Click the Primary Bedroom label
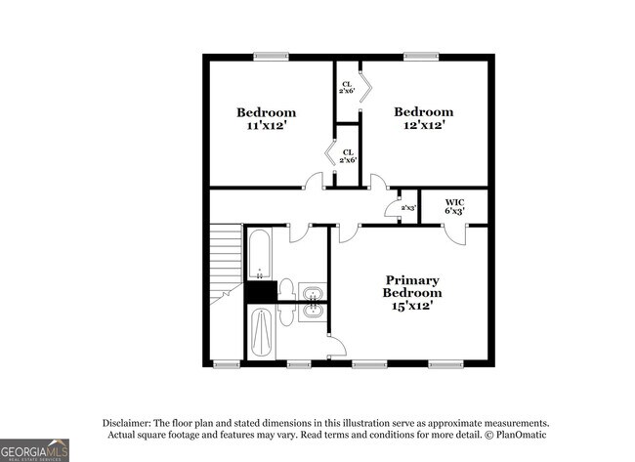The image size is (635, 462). pos(411,286)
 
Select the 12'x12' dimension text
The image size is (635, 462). pos(424,125)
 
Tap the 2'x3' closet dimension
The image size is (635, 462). pos(408,207)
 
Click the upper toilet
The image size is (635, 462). pos(287,290)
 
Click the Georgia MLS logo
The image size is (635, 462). pos(35,449)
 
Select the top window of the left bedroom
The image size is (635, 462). pos(271,56)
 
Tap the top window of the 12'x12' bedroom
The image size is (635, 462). pos(420,56)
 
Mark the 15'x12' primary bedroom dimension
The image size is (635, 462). pos(411,306)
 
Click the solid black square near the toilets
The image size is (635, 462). pos(261,291)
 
